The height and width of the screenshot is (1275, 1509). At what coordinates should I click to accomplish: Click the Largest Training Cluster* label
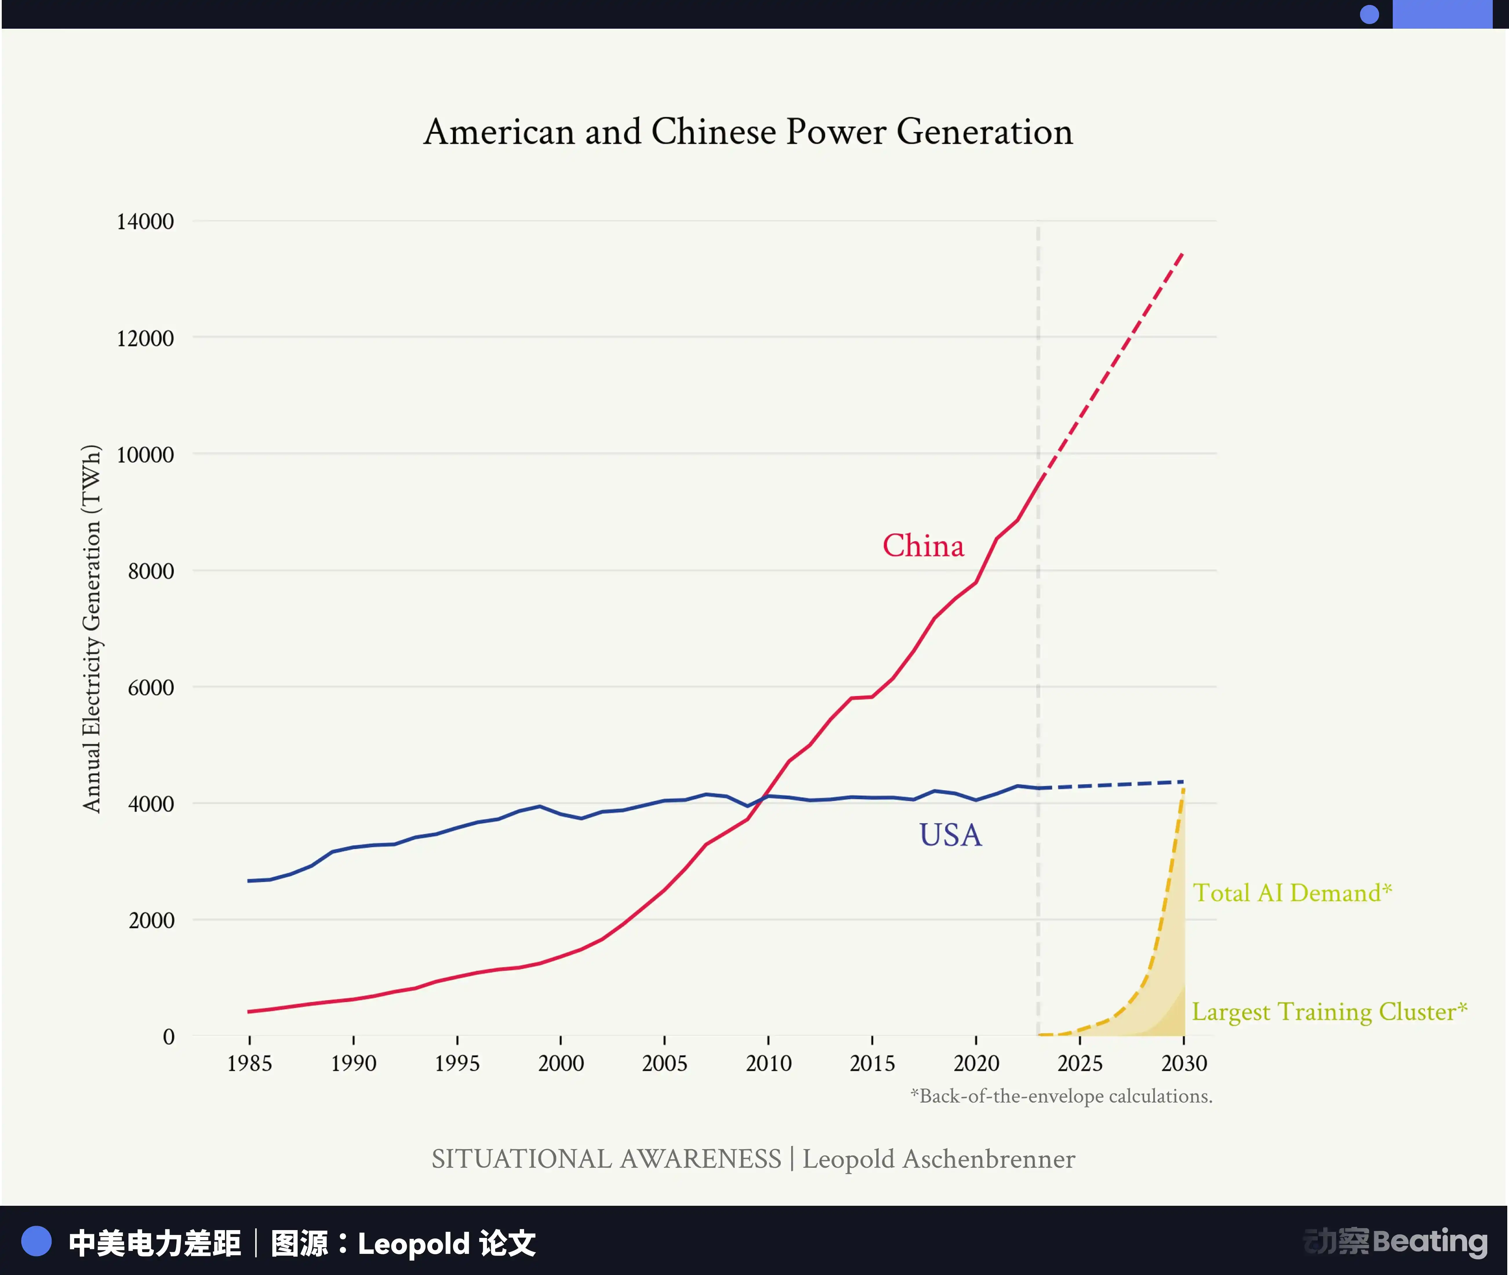click(1329, 1011)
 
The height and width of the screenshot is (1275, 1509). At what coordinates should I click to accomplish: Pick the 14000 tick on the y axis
click(145, 221)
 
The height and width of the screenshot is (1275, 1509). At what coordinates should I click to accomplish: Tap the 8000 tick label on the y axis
click(151, 571)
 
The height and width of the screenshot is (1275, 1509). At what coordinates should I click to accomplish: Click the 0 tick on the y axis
click(168, 1037)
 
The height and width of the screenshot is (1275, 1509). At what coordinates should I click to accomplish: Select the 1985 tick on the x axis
click(250, 1063)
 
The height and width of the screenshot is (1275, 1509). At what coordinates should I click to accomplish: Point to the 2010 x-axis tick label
click(769, 1063)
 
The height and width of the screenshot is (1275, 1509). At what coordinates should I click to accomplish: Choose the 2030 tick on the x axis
click(1183, 1063)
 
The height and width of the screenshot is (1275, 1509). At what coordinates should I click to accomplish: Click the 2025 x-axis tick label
click(1080, 1063)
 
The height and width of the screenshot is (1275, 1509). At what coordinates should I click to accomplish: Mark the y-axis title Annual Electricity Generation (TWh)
click(92, 629)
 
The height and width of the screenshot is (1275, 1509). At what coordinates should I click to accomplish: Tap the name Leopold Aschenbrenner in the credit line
click(939, 1159)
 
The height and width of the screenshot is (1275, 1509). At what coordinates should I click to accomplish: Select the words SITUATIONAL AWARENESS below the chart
click(606, 1159)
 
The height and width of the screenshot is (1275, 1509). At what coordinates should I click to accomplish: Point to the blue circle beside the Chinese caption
click(36, 1242)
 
